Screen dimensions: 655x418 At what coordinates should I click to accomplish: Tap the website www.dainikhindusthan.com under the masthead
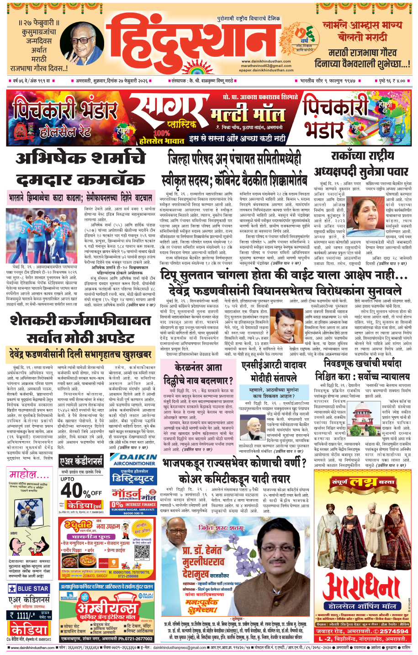click(266, 61)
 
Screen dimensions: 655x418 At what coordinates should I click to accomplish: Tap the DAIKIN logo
click(133, 457)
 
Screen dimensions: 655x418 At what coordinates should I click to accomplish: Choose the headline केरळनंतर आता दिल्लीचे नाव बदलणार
click(204, 373)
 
